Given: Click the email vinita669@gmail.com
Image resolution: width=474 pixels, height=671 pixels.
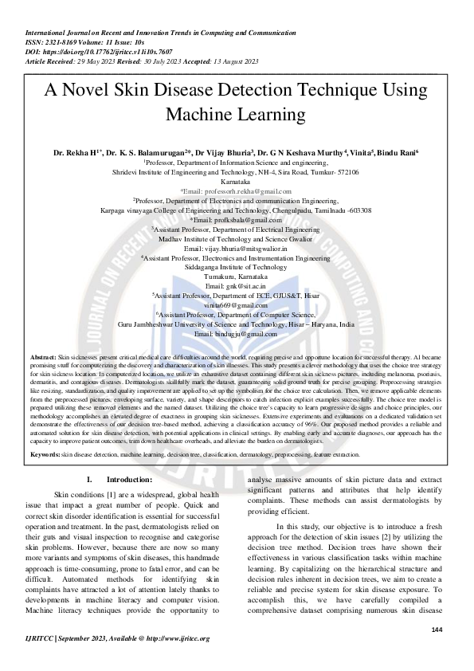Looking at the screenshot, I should click(236, 305).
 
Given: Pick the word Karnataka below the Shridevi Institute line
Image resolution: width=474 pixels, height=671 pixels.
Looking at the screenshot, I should click(236, 182).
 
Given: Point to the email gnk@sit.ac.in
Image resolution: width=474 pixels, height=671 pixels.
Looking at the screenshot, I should click(235, 285).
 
